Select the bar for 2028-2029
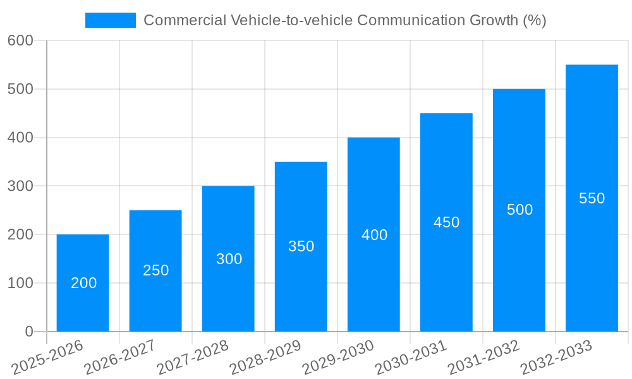(301, 278)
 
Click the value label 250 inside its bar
(155, 270)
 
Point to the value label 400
(374, 235)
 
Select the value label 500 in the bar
(520, 210)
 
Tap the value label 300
(229, 259)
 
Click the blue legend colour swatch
(111, 20)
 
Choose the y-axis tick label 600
(20, 40)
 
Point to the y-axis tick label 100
(20, 283)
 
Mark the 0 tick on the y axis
(28, 332)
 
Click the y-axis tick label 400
(20, 138)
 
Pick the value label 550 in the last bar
(592, 198)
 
